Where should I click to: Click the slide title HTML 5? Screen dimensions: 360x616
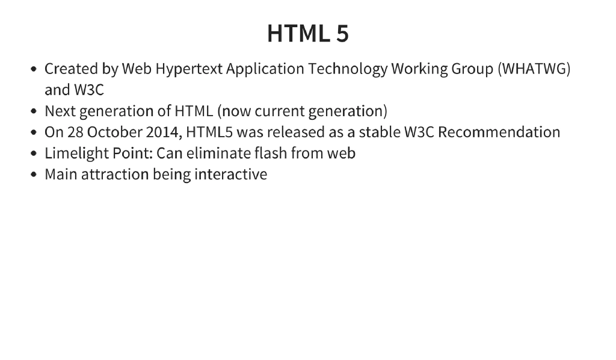[x=307, y=34]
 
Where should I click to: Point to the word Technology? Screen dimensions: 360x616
[x=348, y=69]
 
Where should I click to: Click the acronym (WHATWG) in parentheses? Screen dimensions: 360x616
[x=534, y=69]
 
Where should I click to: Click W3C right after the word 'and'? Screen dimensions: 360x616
[x=89, y=90]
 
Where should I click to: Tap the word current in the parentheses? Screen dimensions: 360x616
[x=280, y=111]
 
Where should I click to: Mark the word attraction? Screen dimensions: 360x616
[x=115, y=175]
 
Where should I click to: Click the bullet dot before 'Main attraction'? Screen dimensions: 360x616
[x=34, y=175]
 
